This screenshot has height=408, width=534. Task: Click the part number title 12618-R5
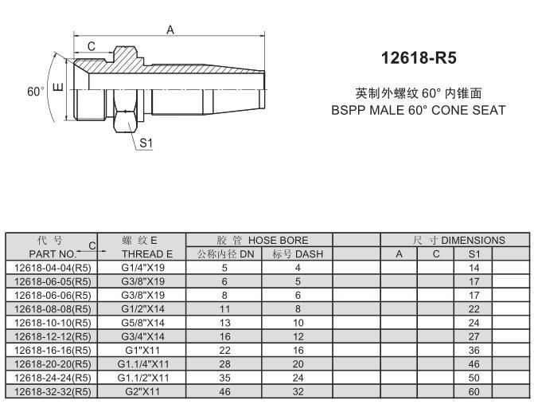click(419, 59)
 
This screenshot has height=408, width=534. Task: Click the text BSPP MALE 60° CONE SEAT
click(418, 110)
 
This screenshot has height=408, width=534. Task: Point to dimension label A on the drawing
click(170, 29)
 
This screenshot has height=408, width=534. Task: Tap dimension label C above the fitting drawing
click(92, 47)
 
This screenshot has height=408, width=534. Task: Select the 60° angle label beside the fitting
click(36, 92)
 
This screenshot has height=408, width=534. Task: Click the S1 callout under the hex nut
click(146, 143)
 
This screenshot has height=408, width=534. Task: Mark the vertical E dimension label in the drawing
click(57, 87)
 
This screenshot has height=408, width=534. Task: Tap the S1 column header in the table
click(474, 254)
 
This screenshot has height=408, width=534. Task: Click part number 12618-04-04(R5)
click(53, 269)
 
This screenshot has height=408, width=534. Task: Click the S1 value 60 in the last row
click(474, 391)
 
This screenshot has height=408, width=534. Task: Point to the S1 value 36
click(474, 350)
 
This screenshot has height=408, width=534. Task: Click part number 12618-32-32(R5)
click(53, 391)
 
